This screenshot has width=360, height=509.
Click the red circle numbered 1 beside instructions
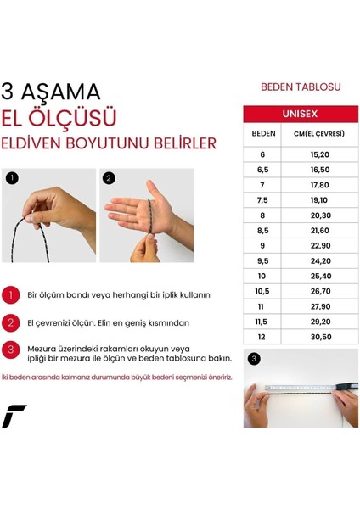point(11,295)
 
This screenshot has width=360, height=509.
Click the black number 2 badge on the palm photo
point(109,179)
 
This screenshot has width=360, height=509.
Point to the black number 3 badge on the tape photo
point(254,358)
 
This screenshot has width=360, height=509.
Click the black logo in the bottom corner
point(14,416)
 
